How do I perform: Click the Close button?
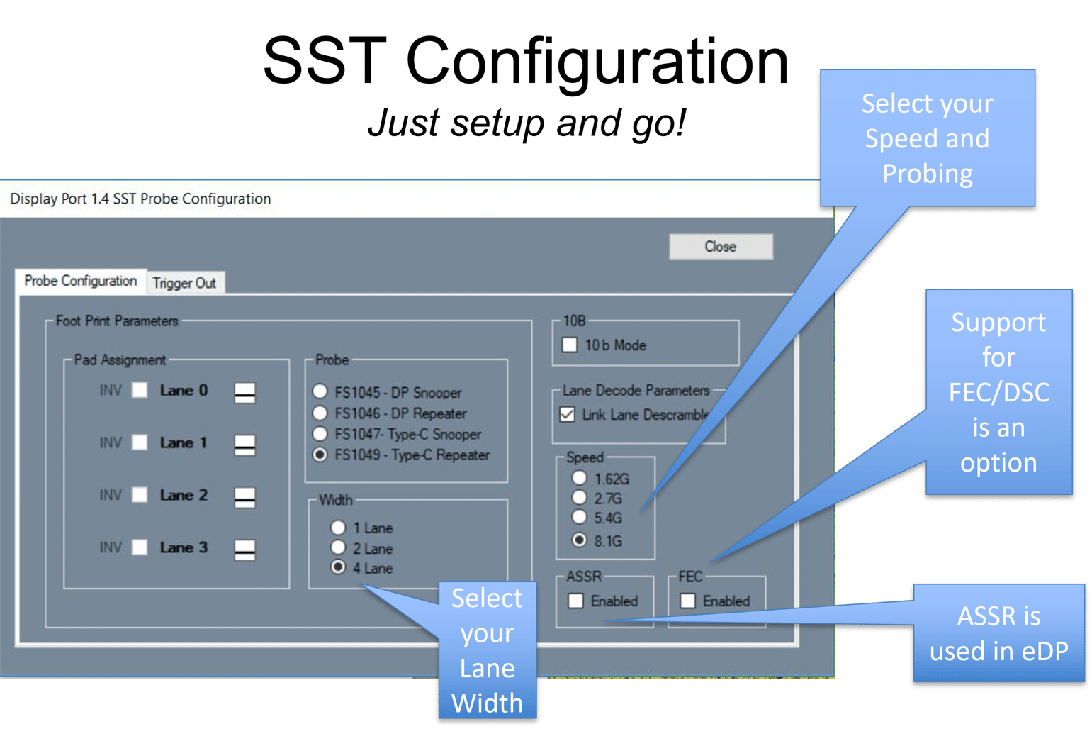[721, 247]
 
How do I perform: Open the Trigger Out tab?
[184, 283]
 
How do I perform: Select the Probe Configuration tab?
[80, 281]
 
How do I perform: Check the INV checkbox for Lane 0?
[140, 390]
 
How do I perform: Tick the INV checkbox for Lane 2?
[140, 495]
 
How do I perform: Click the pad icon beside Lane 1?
[244, 445]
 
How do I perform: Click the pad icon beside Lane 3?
[244, 549]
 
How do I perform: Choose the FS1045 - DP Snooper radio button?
[320, 391]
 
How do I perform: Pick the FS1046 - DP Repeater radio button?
[320, 413]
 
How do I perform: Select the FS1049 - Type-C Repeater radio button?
[320, 455]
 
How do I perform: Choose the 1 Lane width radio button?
[338, 528]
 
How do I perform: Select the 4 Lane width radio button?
[338, 567]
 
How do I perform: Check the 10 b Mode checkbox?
[570, 345]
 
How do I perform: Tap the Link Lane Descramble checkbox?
[567, 414]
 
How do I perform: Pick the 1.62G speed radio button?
[580, 479]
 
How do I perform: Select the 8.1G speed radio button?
[580, 540]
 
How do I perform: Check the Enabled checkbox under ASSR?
[575, 601]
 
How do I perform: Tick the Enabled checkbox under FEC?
[687, 601]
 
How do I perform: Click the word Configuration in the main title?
[597, 62]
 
